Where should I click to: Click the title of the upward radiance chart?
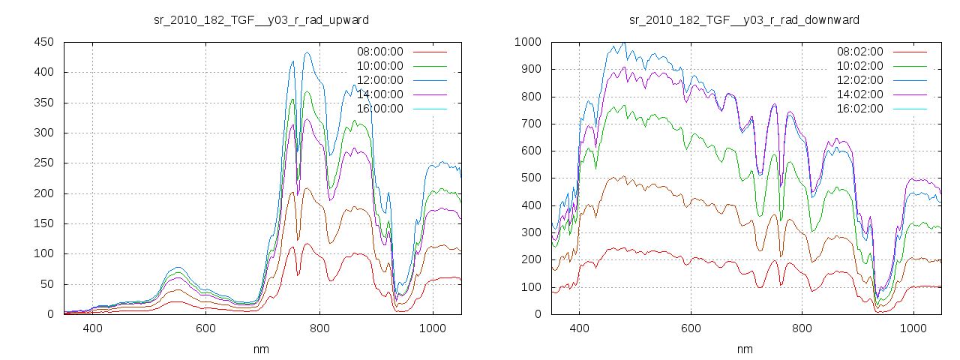pyautogui.click(x=261, y=19)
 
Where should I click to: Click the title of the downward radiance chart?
pyautogui.click(x=744, y=19)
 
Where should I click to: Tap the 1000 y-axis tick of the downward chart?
pyautogui.click(x=527, y=42)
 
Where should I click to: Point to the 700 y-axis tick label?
pyautogui.click(x=530, y=124)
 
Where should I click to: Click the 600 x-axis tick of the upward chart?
pyautogui.click(x=205, y=328)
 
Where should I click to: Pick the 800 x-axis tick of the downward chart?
pyautogui.click(x=802, y=328)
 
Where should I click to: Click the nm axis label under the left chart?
pyautogui.click(x=261, y=349)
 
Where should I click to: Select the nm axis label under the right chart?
pyautogui.click(x=744, y=349)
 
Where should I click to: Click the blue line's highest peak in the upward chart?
pyautogui.click(x=307, y=53)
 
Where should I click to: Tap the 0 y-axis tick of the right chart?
pyautogui.click(x=539, y=314)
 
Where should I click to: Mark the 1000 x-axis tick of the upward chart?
pyautogui.click(x=432, y=328)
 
